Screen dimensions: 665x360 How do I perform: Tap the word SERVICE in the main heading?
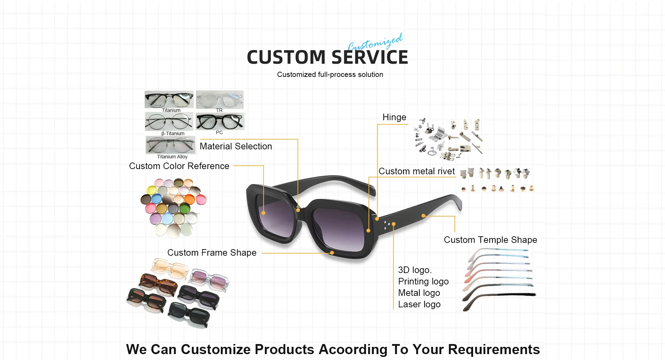point(370,58)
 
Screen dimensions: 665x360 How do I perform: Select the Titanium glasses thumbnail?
point(169,99)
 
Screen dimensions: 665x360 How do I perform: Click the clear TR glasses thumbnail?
point(220,99)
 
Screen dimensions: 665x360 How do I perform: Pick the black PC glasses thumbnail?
point(220,121)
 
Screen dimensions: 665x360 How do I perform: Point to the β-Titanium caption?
point(173,133)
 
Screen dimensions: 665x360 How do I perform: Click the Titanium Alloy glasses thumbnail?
point(170,145)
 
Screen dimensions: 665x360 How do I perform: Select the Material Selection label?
point(236,146)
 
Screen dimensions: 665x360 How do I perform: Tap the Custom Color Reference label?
point(179,166)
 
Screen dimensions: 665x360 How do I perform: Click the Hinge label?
point(394,117)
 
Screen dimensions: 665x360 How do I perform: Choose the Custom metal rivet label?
point(417,171)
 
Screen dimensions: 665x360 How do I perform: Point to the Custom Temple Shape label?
point(490,240)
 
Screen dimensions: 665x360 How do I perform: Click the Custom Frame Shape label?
point(212,253)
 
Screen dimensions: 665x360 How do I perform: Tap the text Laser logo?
point(419,304)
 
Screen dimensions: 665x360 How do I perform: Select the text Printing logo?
point(423,281)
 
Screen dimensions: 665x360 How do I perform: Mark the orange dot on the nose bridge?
point(298,210)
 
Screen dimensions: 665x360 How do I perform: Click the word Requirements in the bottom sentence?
point(494,350)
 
